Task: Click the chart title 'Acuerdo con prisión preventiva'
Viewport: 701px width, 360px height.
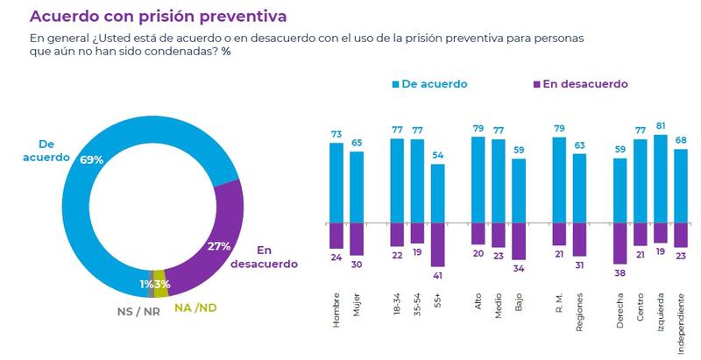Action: [x=158, y=17]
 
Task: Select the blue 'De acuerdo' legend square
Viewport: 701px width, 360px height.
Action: [x=396, y=84]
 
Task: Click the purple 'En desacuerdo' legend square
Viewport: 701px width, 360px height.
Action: [x=535, y=84]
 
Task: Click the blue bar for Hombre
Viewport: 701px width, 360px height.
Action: [x=336, y=182]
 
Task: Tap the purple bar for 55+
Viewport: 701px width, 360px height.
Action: [x=438, y=244]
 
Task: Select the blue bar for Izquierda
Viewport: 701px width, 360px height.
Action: [x=661, y=179]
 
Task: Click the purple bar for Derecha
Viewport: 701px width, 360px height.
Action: [x=620, y=244]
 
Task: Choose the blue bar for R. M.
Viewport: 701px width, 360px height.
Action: [x=559, y=180]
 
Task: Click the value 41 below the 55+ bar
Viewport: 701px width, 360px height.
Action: [x=438, y=274]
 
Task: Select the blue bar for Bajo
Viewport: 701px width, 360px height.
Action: [x=519, y=190]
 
